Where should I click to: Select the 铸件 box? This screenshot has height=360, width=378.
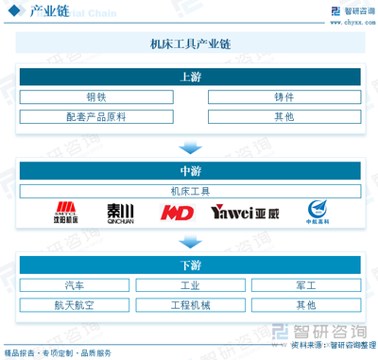283,97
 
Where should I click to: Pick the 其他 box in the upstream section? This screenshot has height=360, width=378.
283,117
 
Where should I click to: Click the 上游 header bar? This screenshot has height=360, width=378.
189,77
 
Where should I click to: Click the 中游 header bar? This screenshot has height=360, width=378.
189,170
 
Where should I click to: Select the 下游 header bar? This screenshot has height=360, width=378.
189,264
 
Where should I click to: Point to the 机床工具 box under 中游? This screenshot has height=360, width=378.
189,190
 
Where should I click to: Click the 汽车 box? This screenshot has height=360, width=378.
74,284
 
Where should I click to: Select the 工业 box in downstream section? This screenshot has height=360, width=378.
189,284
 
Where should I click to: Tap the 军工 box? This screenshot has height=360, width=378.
304,284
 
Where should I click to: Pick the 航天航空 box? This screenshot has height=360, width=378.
74,304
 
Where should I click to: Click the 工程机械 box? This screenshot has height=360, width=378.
189,304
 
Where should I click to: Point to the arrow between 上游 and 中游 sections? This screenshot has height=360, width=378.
189,146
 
